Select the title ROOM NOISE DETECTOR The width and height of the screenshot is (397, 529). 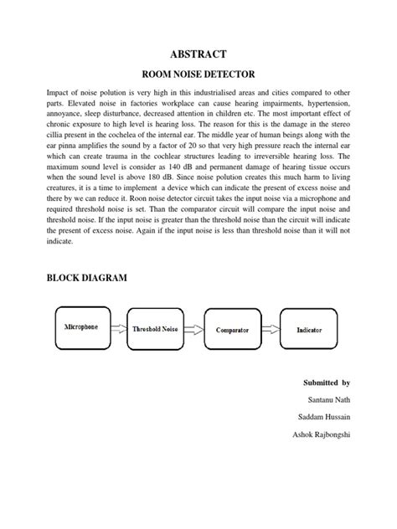(x=198, y=74)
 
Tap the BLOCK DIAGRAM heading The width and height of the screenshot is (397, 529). (x=87, y=277)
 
